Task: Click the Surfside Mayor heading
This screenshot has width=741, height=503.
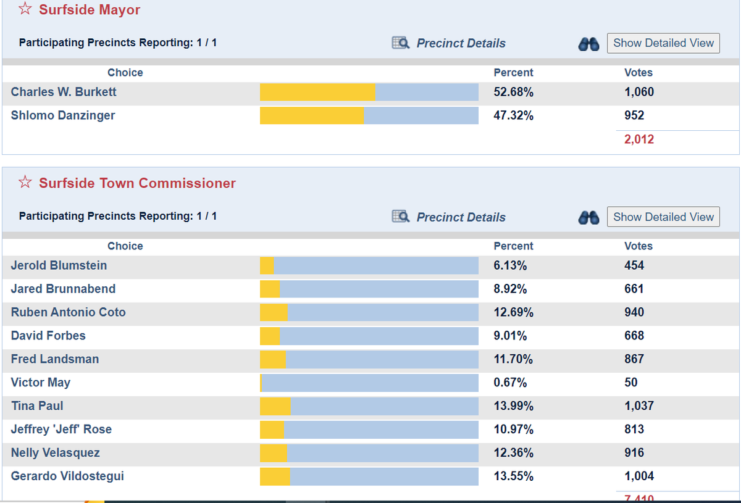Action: point(89,10)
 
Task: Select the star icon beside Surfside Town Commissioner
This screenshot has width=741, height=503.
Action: point(25,183)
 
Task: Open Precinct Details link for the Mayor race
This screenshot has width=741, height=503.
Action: point(461,43)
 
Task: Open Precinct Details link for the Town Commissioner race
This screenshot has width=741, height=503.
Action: point(461,217)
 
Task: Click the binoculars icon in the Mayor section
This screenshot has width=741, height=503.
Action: point(588,44)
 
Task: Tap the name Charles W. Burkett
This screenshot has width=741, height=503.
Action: point(64,92)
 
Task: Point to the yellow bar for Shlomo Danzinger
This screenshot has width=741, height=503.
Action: point(312,115)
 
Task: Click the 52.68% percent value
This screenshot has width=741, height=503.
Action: point(513,92)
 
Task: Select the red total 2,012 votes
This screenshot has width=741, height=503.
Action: point(638,139)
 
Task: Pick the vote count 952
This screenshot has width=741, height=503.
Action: point(634,115)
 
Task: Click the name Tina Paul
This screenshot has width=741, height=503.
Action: point(37,406)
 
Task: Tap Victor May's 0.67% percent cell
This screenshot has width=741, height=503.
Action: point(510,383)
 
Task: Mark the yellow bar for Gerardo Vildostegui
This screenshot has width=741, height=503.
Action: point(275,476)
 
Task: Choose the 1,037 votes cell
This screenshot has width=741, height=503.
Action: point(638,406)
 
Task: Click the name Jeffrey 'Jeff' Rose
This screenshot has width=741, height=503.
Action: point(61,430)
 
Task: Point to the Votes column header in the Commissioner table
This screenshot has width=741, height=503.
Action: point(638,246)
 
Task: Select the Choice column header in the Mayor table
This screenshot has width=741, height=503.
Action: point(125,72)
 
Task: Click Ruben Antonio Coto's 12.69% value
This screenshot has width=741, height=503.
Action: point(513,312)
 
